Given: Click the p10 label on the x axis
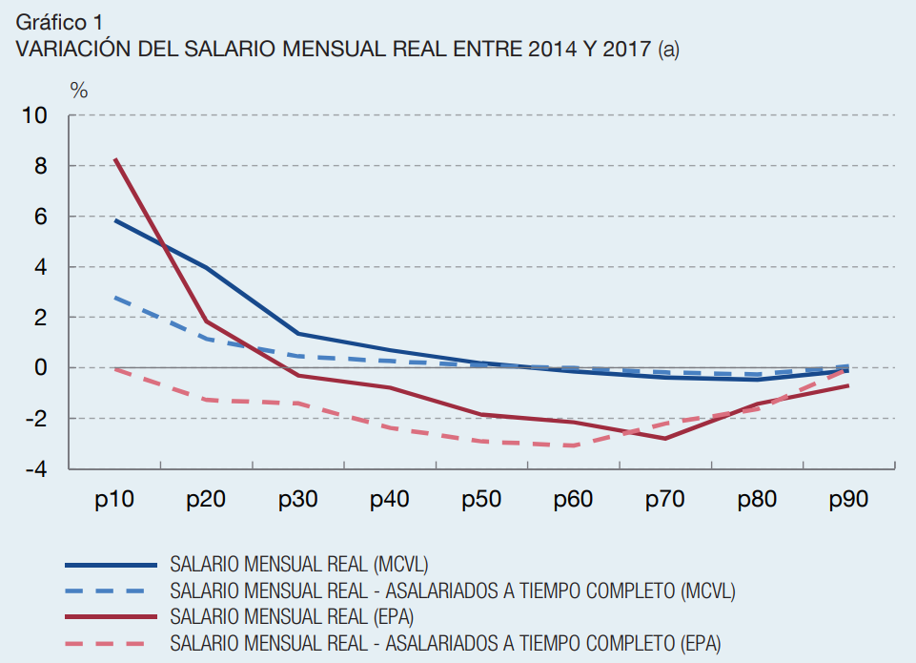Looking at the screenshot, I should (114, 499).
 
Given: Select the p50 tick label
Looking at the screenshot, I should (481, 499).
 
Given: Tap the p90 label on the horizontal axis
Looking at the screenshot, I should (848, 499).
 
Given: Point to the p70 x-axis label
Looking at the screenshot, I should (665, 499).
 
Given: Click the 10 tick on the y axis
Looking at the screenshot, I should (35, 116).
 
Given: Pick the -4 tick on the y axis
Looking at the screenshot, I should (35, 469).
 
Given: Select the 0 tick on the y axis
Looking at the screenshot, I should (41, 368).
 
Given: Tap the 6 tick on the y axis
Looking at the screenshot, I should (41, 217).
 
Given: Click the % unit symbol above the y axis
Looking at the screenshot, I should (79, 91).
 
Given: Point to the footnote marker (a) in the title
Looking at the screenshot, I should (668, 50).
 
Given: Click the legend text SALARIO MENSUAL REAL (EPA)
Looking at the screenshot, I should (297, 614).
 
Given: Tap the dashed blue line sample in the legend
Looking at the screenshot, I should (110, 590).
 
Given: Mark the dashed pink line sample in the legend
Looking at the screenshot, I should (110, 640).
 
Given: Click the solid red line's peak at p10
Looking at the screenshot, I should (114, 159).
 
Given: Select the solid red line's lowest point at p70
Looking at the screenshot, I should (665, 438).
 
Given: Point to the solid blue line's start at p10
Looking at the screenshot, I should (114, 219).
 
